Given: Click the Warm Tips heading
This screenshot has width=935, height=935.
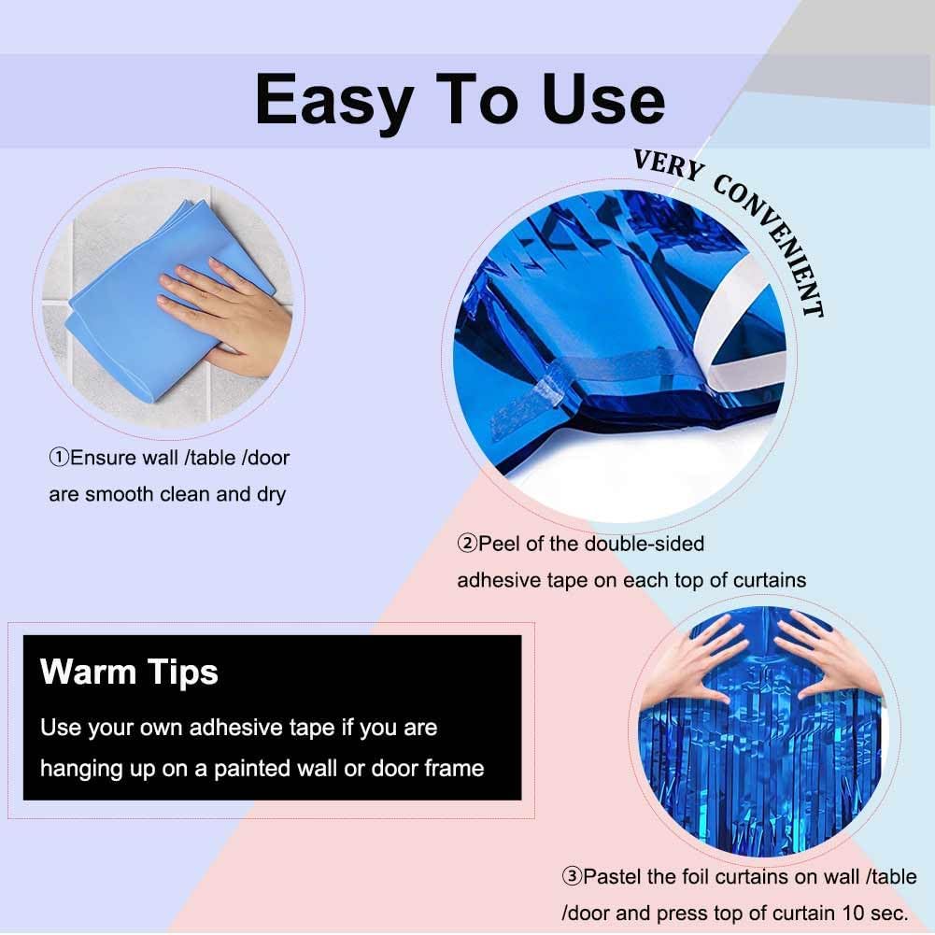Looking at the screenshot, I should tap(129, 672).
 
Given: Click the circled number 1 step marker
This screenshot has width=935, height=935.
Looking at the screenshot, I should tap(59, 458).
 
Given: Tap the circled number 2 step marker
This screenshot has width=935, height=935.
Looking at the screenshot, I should tap(467, 543).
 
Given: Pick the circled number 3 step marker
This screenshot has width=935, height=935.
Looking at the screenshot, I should tap(572, 876).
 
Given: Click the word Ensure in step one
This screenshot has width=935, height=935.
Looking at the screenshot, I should tap(101, 458).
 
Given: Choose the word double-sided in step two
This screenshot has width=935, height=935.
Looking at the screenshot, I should tap(645, 543).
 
